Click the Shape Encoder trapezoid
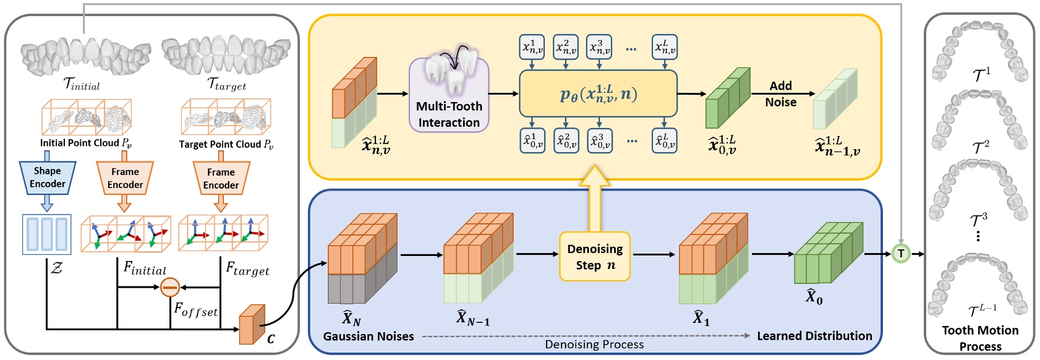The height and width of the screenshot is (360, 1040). (48, 178)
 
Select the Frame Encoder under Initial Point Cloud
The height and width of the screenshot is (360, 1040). (125, 178)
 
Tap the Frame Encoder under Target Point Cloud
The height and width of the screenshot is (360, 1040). (221, 178)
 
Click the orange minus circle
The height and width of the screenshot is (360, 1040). (169, 287)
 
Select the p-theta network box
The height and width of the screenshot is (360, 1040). (598, 93)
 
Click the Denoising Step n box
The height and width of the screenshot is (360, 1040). (595, 257)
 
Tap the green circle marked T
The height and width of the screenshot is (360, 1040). (901, 254)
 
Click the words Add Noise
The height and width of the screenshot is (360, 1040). (780, 94)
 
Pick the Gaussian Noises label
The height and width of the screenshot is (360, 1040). (369, 336)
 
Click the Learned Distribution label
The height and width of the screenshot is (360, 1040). (814, 336)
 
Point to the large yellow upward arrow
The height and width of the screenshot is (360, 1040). (595, 197)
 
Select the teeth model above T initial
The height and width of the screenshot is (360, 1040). (85, 56)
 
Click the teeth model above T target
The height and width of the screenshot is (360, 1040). (226, 54)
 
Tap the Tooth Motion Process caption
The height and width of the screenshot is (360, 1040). (980, 338)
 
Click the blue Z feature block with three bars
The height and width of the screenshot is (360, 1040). (47, 234)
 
